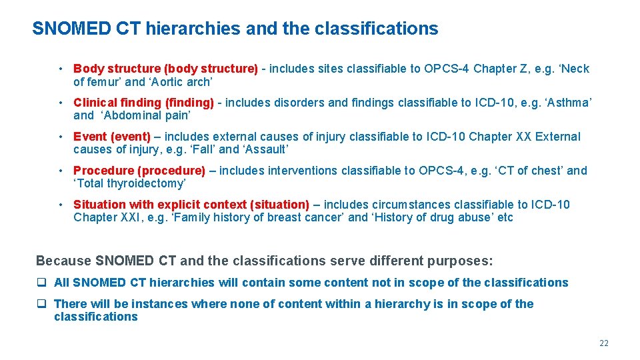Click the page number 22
coord(604,343)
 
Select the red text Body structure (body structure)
coord(165,69)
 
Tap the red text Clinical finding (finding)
coord(143,103)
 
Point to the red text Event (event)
coord(112,137)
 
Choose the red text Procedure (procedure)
coord(139,171)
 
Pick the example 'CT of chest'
coord(529,171)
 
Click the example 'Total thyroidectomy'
coord(129,183)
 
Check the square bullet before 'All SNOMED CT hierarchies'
coord(41,283)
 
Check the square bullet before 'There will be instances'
coord(41,304)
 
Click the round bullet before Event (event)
coord(61,137)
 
